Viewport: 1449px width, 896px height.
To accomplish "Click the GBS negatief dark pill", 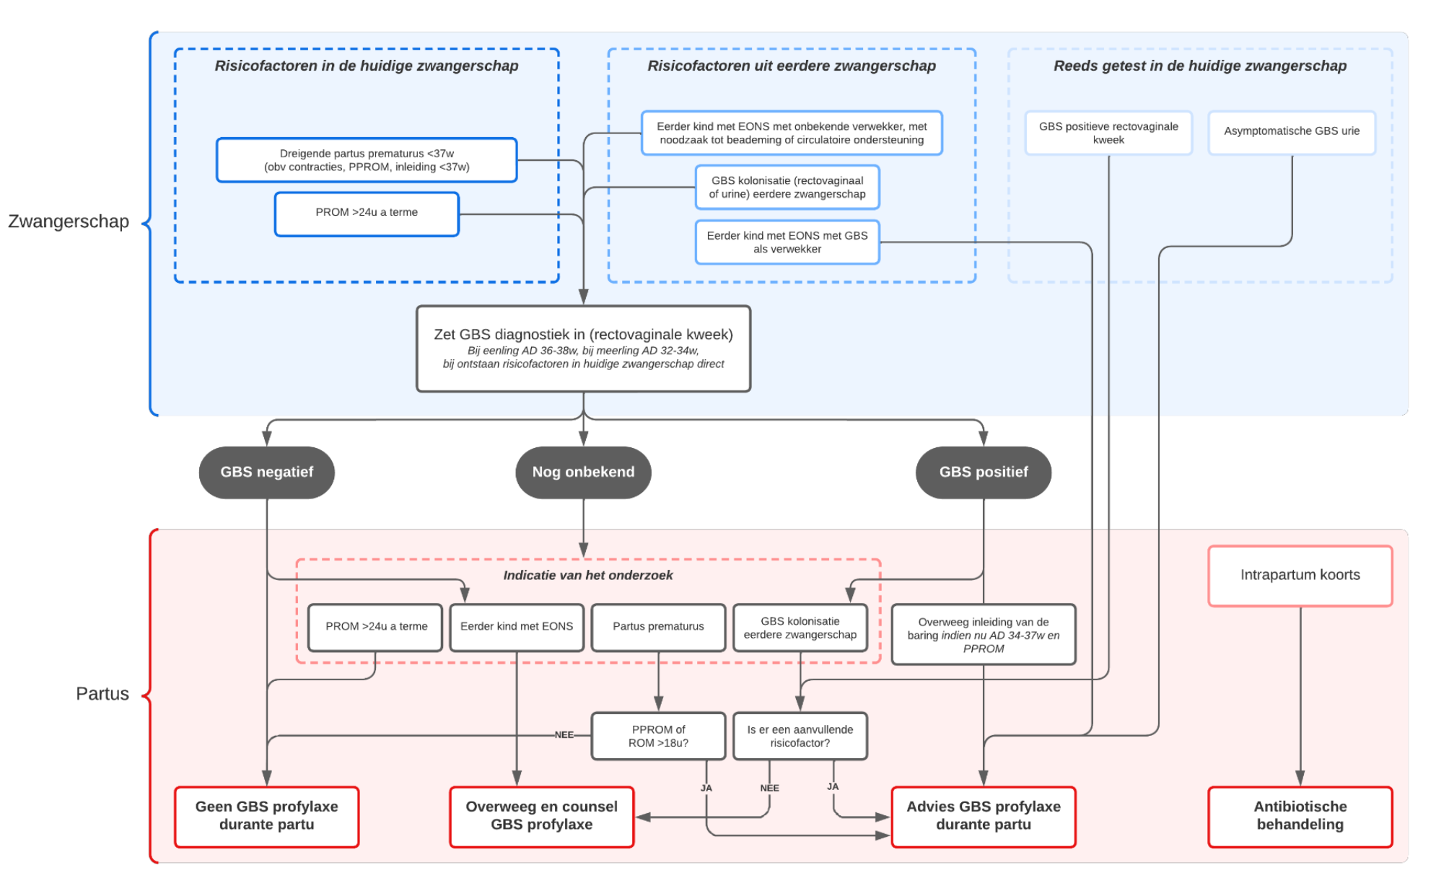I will [266, 472].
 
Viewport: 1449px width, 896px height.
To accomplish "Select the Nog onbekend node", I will [583, 472].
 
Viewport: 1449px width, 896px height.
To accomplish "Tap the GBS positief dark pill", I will [983, 472].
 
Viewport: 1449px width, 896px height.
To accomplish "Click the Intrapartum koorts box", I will [1300, 575].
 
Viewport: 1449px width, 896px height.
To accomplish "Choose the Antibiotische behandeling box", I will [1300, 816].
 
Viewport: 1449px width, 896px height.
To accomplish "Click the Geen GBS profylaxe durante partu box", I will [266, 816].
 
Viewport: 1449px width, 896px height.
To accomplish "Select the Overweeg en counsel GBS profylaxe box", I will [541, 816].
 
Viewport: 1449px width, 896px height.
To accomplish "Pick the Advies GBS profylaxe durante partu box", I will [983, 816].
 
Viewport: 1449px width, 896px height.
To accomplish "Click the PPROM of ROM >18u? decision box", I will [658, 736].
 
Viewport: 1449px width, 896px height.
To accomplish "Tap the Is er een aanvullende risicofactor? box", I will [800, 736].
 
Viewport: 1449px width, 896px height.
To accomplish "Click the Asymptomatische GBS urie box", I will [1291, 131].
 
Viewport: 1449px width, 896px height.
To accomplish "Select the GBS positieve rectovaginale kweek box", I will [1108, 133].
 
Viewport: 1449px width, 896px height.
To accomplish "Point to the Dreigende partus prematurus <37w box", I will [367, 160].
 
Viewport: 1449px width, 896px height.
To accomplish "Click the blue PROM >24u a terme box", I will [367, 213].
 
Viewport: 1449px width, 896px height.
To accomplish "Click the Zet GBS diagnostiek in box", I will [583, 348].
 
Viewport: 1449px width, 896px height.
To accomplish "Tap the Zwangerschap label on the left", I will [69, 221].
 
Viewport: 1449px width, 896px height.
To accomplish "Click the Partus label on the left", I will [102, 694].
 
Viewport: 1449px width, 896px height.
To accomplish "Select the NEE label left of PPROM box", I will [564, 735].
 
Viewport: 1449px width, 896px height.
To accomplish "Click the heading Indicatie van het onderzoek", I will [587, 575].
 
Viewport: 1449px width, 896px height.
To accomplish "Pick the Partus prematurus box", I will [658, 626].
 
